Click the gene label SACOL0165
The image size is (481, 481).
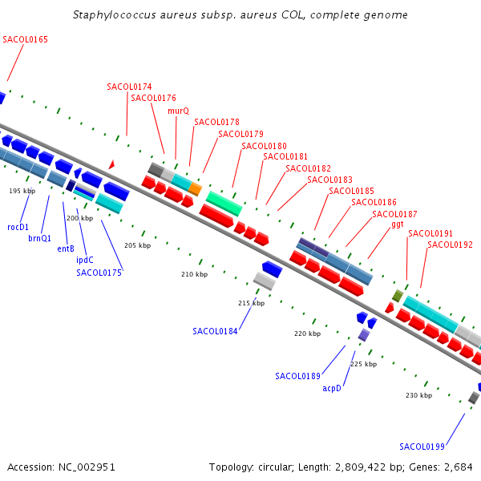pyautogui.click(x=25, y=39)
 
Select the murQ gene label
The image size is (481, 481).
pyautogui.click(x=179, y=111)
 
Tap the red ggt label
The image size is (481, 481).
pyautogui.click(x=398, y=224)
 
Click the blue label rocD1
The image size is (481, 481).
pyautogui.click(x=18, y=227)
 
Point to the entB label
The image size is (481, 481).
pyautogui.click(x=66, y=249)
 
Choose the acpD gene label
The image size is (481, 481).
pyautogui.click(x=332, y=388)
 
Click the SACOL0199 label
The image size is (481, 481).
pyautogui.click(x=422, y=447)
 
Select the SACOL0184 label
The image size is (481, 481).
pyautogui.click(x=215, y=331)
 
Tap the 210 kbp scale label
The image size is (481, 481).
pyautogui.click(x=195, y=274)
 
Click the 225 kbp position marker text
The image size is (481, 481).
pyautogui.click(x=364, y=364)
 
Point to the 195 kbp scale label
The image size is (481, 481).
pyautogui.click(x=22, y=191)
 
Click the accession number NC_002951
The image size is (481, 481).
pyautogui.click(x=87, y=467)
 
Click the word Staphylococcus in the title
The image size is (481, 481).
pyautogui.click(x=115, y=15)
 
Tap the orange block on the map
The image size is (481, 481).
pyautogui.click(x=195, y=188)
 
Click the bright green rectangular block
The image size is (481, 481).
pyautogui.click(x=224, y=204)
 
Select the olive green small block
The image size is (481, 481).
pyautogui.click(x=398, y=296)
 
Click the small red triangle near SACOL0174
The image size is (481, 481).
pyautogui.click(x=111, y=164)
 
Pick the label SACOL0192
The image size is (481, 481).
pyautogui.click(x=450, y=245)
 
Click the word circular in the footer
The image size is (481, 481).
pyautogui.click(x=275, y=467)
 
